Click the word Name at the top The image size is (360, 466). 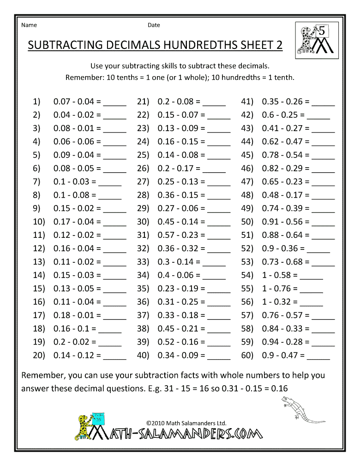[29, 25]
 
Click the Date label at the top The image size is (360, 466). [154, 25]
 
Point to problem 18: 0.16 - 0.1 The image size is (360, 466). [75, 329]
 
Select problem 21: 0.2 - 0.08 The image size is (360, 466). [179, 102]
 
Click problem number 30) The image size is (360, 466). [143, 222]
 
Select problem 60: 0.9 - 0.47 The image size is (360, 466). [283, 356]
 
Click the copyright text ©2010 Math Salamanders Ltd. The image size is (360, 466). [186, 423]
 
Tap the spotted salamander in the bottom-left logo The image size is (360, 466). [83, 423]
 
